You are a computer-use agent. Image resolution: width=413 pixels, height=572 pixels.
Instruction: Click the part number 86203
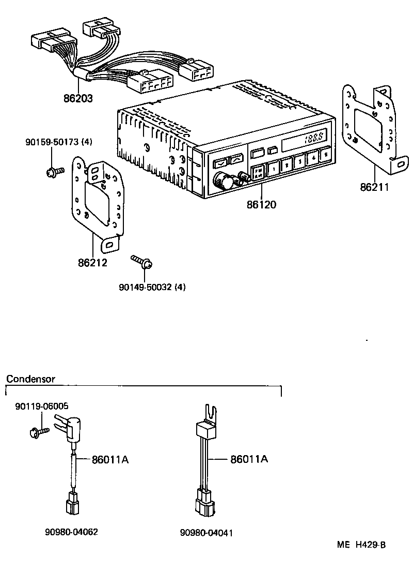(x=78, y=98)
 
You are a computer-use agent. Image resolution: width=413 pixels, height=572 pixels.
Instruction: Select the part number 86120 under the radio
(x=261, y=205)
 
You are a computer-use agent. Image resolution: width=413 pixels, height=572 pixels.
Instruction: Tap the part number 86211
(x=375, y=187)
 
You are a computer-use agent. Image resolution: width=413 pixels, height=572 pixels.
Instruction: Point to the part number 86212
(x=92, y=263)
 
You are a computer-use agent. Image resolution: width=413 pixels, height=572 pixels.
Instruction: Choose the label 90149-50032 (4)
(x=152, y=287)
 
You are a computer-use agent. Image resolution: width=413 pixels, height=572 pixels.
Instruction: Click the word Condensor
(x=30, y=379)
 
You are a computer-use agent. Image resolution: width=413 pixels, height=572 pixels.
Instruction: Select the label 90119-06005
(x=41, y=407)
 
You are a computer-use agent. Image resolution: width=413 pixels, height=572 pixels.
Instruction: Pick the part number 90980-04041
(x=206, y=533)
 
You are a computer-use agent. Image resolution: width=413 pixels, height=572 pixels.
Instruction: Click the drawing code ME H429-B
(x=361, y=545)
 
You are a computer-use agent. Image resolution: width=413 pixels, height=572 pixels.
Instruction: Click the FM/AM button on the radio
(x=258, y=171)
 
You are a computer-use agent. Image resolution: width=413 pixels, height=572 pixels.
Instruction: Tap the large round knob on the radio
(x=224, y=181)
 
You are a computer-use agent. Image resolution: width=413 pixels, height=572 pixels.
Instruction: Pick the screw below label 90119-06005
(x=38, y=430)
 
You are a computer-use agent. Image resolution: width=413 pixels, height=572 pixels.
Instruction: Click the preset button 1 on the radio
(x=273, y=167)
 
